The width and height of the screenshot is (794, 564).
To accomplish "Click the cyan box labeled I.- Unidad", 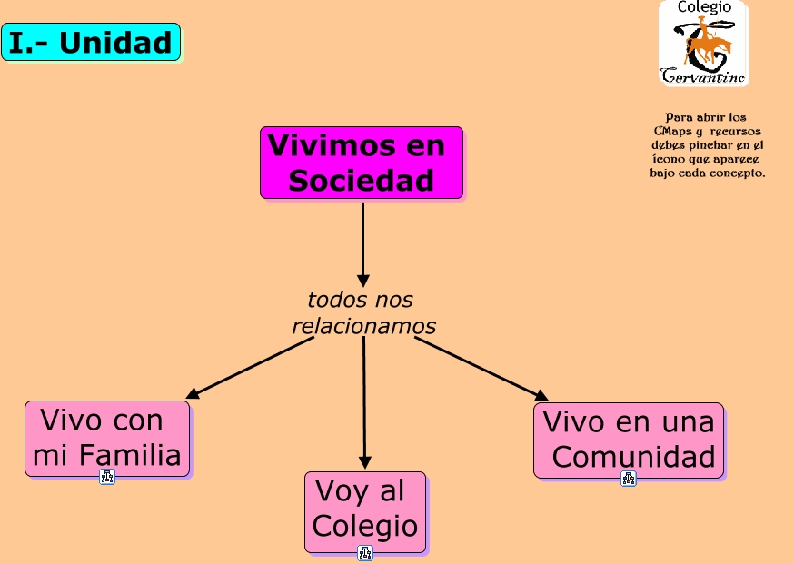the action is (91, 42).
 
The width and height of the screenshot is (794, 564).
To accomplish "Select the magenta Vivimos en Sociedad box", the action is (362, 163).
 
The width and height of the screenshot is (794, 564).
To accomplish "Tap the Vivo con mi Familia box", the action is (107, 438).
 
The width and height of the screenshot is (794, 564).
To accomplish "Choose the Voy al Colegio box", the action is (365, 510).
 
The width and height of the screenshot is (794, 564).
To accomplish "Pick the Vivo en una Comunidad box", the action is (629, 440).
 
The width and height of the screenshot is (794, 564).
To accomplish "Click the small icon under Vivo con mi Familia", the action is (107, 477).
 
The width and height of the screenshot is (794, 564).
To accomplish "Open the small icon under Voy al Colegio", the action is (365, 552).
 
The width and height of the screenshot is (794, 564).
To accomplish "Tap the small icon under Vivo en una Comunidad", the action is (629, 479).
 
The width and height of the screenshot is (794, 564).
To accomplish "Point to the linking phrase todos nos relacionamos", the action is (363, 312).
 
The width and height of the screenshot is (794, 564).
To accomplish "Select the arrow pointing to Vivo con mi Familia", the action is (250, 368).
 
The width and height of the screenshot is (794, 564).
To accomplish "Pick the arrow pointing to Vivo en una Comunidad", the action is (481, 369).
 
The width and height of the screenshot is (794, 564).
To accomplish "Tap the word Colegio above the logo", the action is (704, 7).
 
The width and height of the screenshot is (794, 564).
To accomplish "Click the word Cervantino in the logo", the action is (704, 77).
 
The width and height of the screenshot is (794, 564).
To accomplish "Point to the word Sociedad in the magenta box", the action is (362, 181).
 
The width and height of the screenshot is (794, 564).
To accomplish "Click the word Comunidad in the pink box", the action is (633, 457).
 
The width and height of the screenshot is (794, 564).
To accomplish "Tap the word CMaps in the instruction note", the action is (671, 131).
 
